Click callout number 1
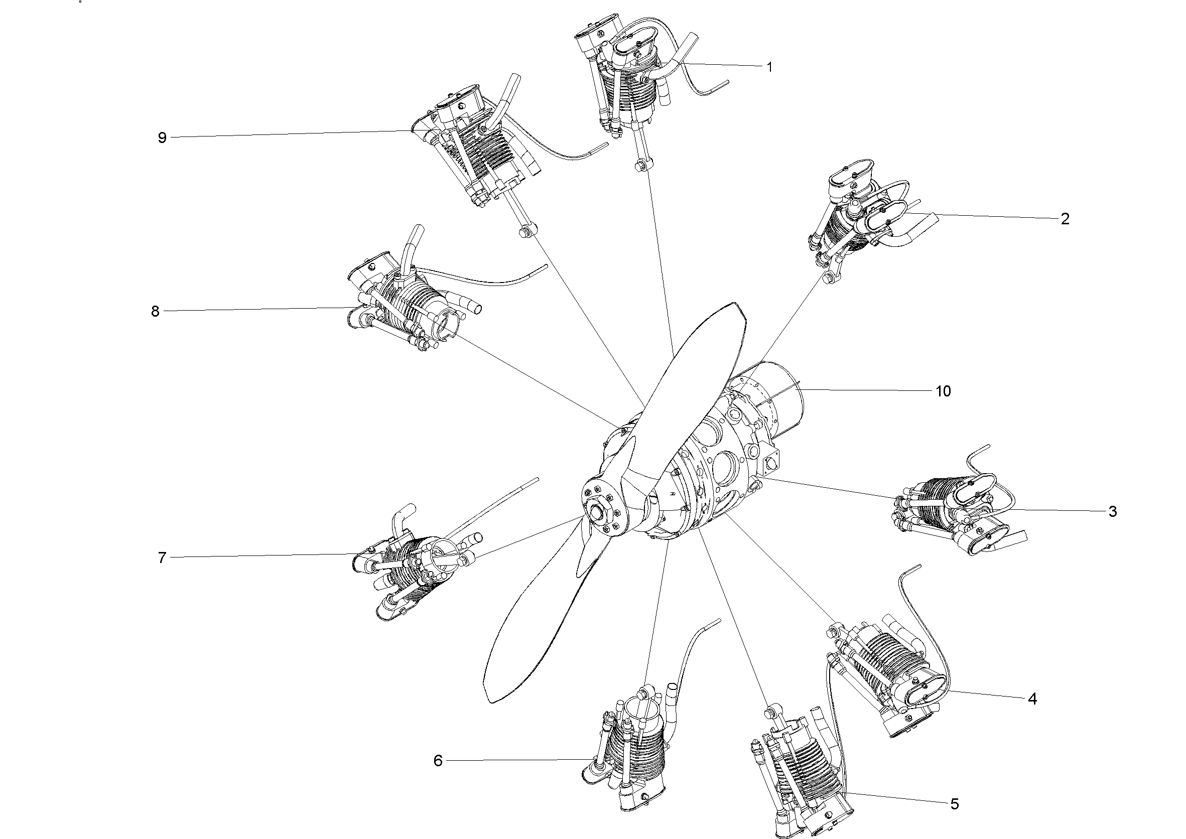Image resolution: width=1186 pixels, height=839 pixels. pyautogui.click(x=769, y=67)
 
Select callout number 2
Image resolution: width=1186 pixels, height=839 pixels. pyautogui.click(x=1065, y=219)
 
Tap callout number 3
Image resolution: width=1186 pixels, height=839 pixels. pyautogui.click(x=1112, y=511)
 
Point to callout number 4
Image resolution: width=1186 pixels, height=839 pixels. pyautogui.click(x=1032, y=699)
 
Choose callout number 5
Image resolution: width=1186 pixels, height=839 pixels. pyautogui.click(x=954, y=804)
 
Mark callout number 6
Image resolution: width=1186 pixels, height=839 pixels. pyautogui.click(x=438, y=761)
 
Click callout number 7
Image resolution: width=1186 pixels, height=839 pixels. pyautogui.click(x=162, y=558)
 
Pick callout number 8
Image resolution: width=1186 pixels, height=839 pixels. pyautogui.click(x=155, y=312)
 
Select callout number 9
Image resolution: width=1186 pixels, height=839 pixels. pyautogui.click(x=162, y=138)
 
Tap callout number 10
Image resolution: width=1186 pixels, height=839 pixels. pyautogui.click(x=943, y=391)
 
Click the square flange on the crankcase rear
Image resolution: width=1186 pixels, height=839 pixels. pyautogui.click(x=770, y=460)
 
